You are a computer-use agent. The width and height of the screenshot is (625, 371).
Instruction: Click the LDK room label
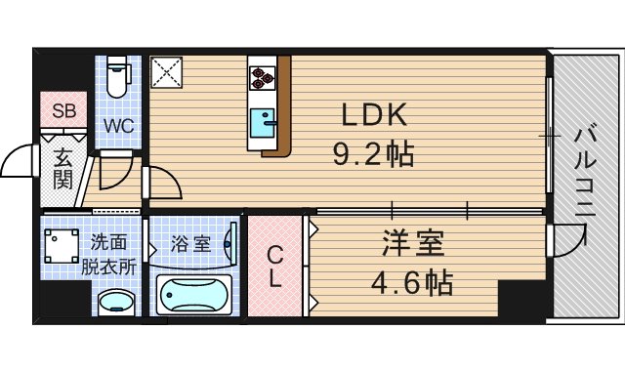coord(373,116)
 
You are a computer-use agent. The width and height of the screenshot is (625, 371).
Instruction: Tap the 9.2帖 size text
coord(373,153)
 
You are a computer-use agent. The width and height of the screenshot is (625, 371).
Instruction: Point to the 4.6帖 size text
coord(413,283)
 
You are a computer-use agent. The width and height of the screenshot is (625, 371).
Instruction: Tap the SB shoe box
coord(62,109)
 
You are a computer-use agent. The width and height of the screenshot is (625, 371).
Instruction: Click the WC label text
coord(120,125)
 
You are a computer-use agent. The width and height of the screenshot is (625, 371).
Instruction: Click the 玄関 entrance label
coord(62,167)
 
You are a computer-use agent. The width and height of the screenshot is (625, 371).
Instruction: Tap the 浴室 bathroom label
coord(191,243)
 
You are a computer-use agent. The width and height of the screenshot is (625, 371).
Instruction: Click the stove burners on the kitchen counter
coord(263,77)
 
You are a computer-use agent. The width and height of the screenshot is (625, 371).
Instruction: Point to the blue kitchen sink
coord(263,125)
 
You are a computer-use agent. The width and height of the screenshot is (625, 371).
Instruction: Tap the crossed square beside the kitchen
coord(166,73)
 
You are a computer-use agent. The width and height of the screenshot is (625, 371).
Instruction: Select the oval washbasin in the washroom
coord(118,302)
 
